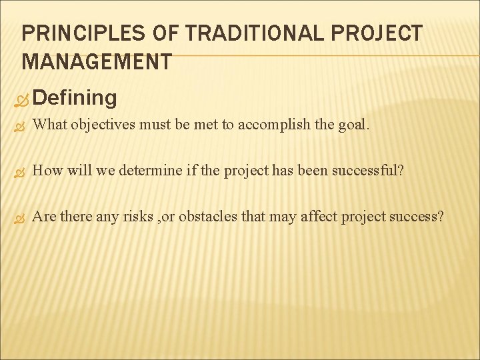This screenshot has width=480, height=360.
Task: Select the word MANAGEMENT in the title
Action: pyautogui.click(x=96, y=62)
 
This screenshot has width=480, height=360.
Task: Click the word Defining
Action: pyautogui.click(x=74, y=98)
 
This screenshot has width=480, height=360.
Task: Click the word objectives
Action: pyautogui.click(x=102, y=125)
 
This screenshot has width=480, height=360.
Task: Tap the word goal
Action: pyautogui.click(x=351, y=125)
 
